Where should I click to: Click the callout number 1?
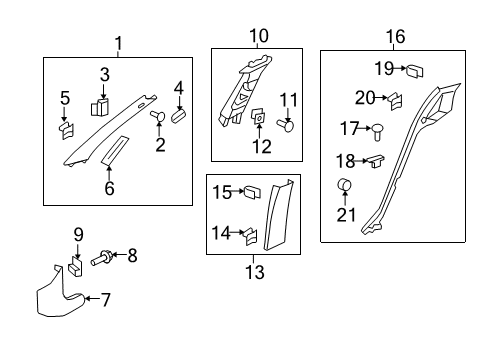(119, 43)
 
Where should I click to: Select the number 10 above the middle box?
(259, 36)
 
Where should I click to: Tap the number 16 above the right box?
(396, 37)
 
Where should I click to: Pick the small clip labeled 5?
(66, 128)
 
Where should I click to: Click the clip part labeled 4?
(181, 115)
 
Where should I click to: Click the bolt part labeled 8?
(101, 258)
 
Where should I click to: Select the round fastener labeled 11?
(288, 126)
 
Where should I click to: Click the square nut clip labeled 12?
(259, 118)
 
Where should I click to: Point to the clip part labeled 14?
(250, 235)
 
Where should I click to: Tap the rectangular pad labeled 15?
(253, 190)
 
